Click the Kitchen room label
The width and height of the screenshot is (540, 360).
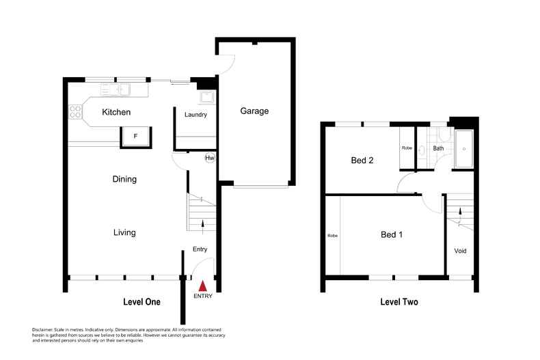click(116, 112)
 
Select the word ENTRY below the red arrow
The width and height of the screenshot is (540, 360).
click(203, 296)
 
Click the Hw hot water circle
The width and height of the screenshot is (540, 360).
click(210, 158)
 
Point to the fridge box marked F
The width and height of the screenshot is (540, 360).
click(135, 137)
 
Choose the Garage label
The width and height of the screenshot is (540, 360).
click(254, 111)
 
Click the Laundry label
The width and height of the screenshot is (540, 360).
click(195, 115)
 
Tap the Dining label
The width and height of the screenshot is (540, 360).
click(125, 180)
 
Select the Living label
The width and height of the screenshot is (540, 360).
click(124, 233)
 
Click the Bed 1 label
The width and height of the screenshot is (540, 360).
click(391, 235)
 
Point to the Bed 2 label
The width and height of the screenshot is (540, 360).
click(362, 161)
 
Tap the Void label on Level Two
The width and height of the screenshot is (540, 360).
click(461, 251)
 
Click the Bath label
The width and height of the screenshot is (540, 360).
click(438, 148)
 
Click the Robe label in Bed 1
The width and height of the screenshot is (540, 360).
click(333, 236)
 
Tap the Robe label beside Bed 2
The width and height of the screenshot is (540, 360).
click(407, 148)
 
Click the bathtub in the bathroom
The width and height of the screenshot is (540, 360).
click(464, 148)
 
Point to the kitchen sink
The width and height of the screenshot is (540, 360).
click(124, 88)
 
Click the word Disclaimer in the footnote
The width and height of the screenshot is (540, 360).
click(44, 329)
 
